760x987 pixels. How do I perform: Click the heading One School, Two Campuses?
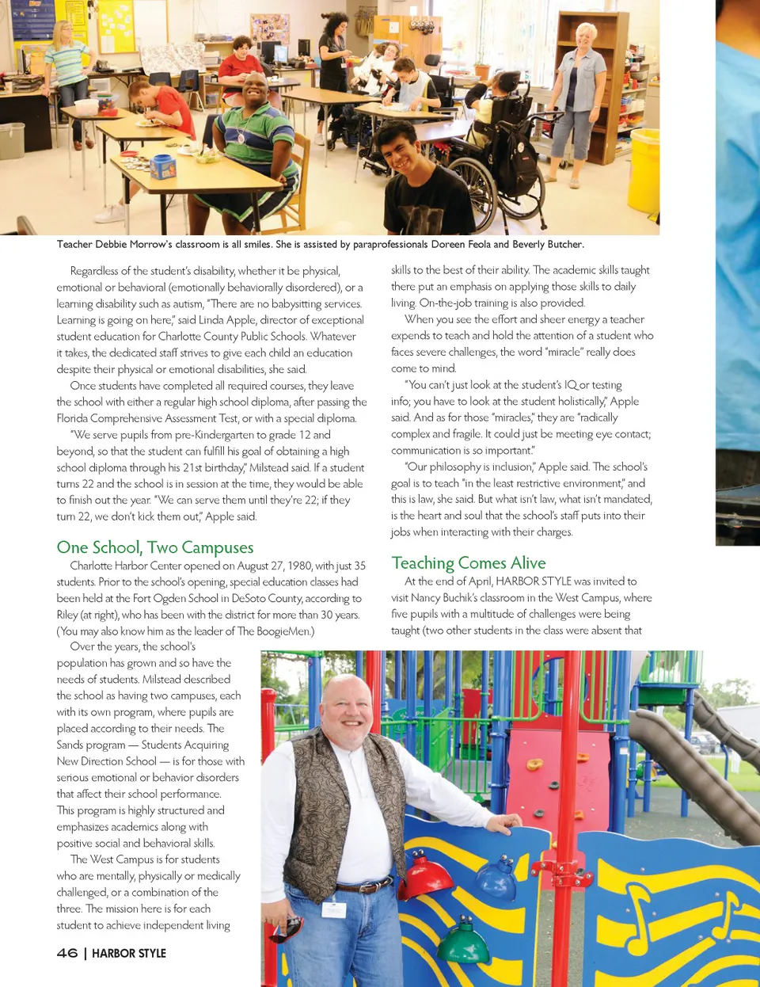[155, 547]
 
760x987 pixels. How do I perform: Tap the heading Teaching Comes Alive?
[469, 563]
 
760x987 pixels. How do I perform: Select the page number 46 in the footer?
[67, 953]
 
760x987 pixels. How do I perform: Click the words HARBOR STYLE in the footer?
[129, 953]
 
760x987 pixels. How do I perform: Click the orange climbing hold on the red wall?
[535, 764]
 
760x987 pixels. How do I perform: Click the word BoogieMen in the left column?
[282, 631]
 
